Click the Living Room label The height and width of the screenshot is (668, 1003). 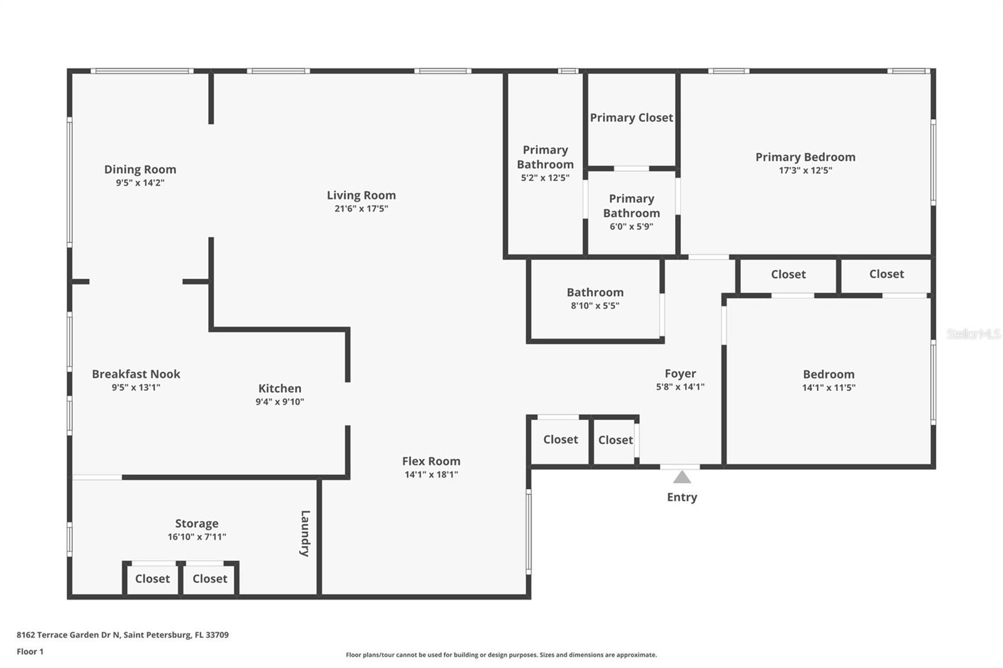[x=361, y=195]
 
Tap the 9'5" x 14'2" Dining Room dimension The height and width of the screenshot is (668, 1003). [x=140, y=183]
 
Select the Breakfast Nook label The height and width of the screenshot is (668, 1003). [x=136, y=373]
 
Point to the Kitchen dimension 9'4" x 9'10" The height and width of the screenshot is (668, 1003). [x=280, y=402]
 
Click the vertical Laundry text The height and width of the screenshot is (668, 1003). [x=305, y=533]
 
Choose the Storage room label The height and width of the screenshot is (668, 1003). [x=197, y=523]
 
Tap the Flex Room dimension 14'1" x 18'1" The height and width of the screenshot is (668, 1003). [x=431, y=474]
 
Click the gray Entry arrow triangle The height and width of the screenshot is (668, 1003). [x=682, y=478]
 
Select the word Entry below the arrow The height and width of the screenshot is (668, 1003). [x=682, y=497]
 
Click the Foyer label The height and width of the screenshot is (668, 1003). [x=680, y=373]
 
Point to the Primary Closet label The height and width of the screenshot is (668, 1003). [x=631, y=117]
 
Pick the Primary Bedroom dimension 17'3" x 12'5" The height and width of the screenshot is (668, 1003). [x=805, y=170]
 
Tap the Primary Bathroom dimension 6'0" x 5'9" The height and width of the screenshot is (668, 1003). [x=631, y=226]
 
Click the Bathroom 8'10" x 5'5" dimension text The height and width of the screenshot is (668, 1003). [x=595, y=306]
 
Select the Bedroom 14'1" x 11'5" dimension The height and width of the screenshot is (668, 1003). [x=829, y=387]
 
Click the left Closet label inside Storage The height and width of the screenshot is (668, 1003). [x=152, y=578]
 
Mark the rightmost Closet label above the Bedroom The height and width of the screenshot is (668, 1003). [x=886, y=274]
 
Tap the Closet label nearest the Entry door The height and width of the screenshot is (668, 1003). [x=615, y=440]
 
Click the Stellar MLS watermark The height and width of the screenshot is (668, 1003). [x=973, y=334]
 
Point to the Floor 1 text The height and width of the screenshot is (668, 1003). [x=30, y=652]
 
